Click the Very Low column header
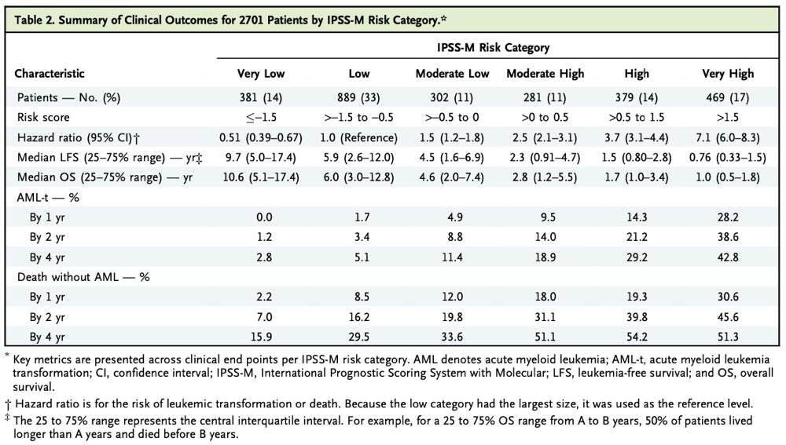(261, 74)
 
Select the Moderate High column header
(545, 74)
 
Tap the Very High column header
(728, 74)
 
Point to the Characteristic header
(50, 74)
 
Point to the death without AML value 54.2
(637, 337)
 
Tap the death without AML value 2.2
(261, 298)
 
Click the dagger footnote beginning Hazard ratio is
(377, 404)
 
